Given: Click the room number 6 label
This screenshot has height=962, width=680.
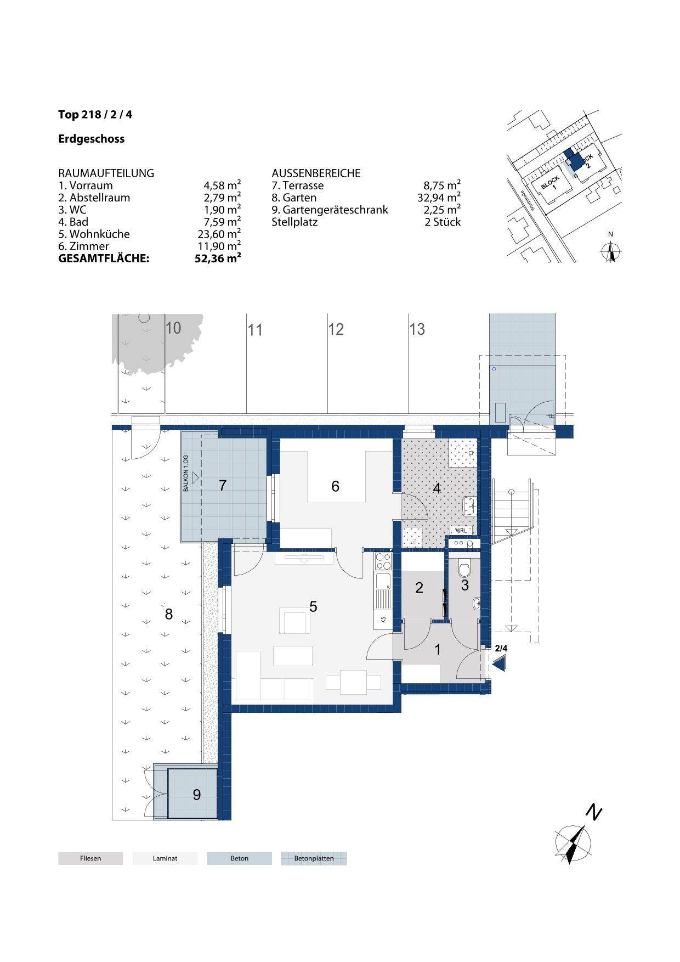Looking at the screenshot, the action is [x=335, y=486].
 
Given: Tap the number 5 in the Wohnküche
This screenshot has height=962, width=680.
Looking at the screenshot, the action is [x=313, y=606].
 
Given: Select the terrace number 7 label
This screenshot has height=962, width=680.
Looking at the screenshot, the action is [x=223, y=486].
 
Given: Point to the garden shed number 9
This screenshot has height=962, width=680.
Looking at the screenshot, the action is [x=197, y=795].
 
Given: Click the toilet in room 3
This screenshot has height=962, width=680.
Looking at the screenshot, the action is [x=464, y=568].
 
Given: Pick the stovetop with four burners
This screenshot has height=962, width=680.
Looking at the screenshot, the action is [x=383, y=561].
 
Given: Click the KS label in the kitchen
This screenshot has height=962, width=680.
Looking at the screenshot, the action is [x=383, y=620].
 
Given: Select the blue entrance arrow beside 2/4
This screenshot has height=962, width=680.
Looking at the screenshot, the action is [x=499, y=665].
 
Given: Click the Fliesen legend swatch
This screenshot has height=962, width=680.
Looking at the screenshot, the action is [x=90, y=858].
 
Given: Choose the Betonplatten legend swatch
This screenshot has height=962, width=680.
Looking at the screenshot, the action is [x=314, y=858].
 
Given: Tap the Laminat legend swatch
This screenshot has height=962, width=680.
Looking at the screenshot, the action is [x=165, y=858].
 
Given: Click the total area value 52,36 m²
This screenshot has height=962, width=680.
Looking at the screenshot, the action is [x=218, y=258].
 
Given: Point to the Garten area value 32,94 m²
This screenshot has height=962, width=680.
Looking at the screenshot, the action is [x=439, y=198].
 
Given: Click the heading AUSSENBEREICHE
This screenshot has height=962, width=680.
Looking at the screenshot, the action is [x=316, y=173].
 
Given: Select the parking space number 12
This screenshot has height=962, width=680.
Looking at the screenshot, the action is [x=336, y=329].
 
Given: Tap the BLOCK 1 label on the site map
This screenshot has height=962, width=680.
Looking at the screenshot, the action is [x=551, y=183].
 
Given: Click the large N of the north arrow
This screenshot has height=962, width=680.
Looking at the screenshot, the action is [x=593, y=812].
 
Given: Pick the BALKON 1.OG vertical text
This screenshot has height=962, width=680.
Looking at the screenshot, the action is [x=186, y=473].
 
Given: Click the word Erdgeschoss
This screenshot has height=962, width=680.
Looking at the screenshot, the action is [x=92, y=139].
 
